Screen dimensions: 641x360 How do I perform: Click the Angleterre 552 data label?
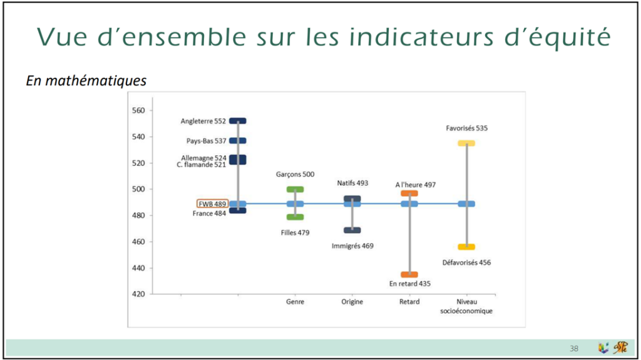pyautogui.click(x=203, y=121)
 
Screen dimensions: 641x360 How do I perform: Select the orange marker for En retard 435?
pyautogui.click(x=409, y=274)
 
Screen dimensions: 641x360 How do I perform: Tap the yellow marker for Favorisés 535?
pyautogui.click(x=466, y=143)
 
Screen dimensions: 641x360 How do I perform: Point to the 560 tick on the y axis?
pyautogui.click(x=138, y=110)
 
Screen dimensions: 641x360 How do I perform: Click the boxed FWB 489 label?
pyautogui.click(x=212, y=203)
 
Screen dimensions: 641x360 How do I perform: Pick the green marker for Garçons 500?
pyautogui.click(x=295, y=190)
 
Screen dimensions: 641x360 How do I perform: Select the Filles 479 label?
pyautogui.click(x=295, y=233)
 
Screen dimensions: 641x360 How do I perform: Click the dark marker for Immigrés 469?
pyautogui.click(x=352, y=230)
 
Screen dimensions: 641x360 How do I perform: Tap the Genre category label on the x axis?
pyautogui.click(x=295, y=302)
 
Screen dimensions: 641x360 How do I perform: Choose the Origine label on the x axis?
pyautogui.click(x=352, y=302)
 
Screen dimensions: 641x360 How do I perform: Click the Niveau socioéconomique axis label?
pyautogui.click(x=466, y=306)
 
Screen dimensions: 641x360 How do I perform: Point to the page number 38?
pyautogui.click(x=574, y=349)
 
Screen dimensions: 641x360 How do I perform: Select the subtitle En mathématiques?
pyautogui.click(x=86, y=81)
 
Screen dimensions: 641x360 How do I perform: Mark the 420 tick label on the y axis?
pyautogui.click(x=138, y=294)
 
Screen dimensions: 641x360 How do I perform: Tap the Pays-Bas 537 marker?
pyautogui.click(x=237, y=141)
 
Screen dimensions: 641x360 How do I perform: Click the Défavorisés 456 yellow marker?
pyautogui.click(x=466, y=247)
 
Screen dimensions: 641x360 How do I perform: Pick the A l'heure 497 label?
pyautogui.click(x=416, y=185)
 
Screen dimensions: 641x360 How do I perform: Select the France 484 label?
pyautogui.click(x=209, y=213)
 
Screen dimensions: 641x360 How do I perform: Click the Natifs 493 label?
pyautogui.click(x=352, y=183)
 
